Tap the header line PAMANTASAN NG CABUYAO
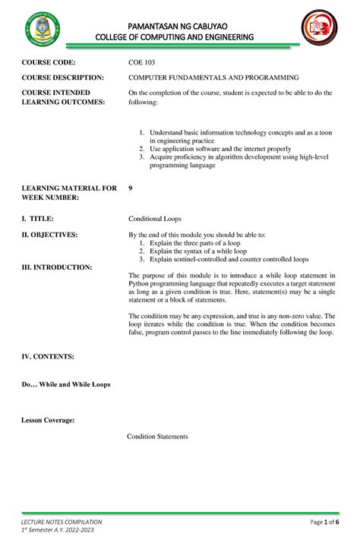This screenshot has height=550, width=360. click(x=180, y=24)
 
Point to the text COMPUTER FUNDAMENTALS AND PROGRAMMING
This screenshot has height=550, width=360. click(x=213, y=77)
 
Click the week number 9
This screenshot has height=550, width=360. click(x=131, y=187)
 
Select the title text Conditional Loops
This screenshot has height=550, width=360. click(x=155, y=218)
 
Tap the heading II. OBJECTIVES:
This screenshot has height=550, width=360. click(x=50, y=235)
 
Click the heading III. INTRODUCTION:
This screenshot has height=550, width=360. click(x=57, y=267)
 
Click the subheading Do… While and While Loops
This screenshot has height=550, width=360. click(x=66, y=384)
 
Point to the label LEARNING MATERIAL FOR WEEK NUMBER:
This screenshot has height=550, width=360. click(x=68, y=192)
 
